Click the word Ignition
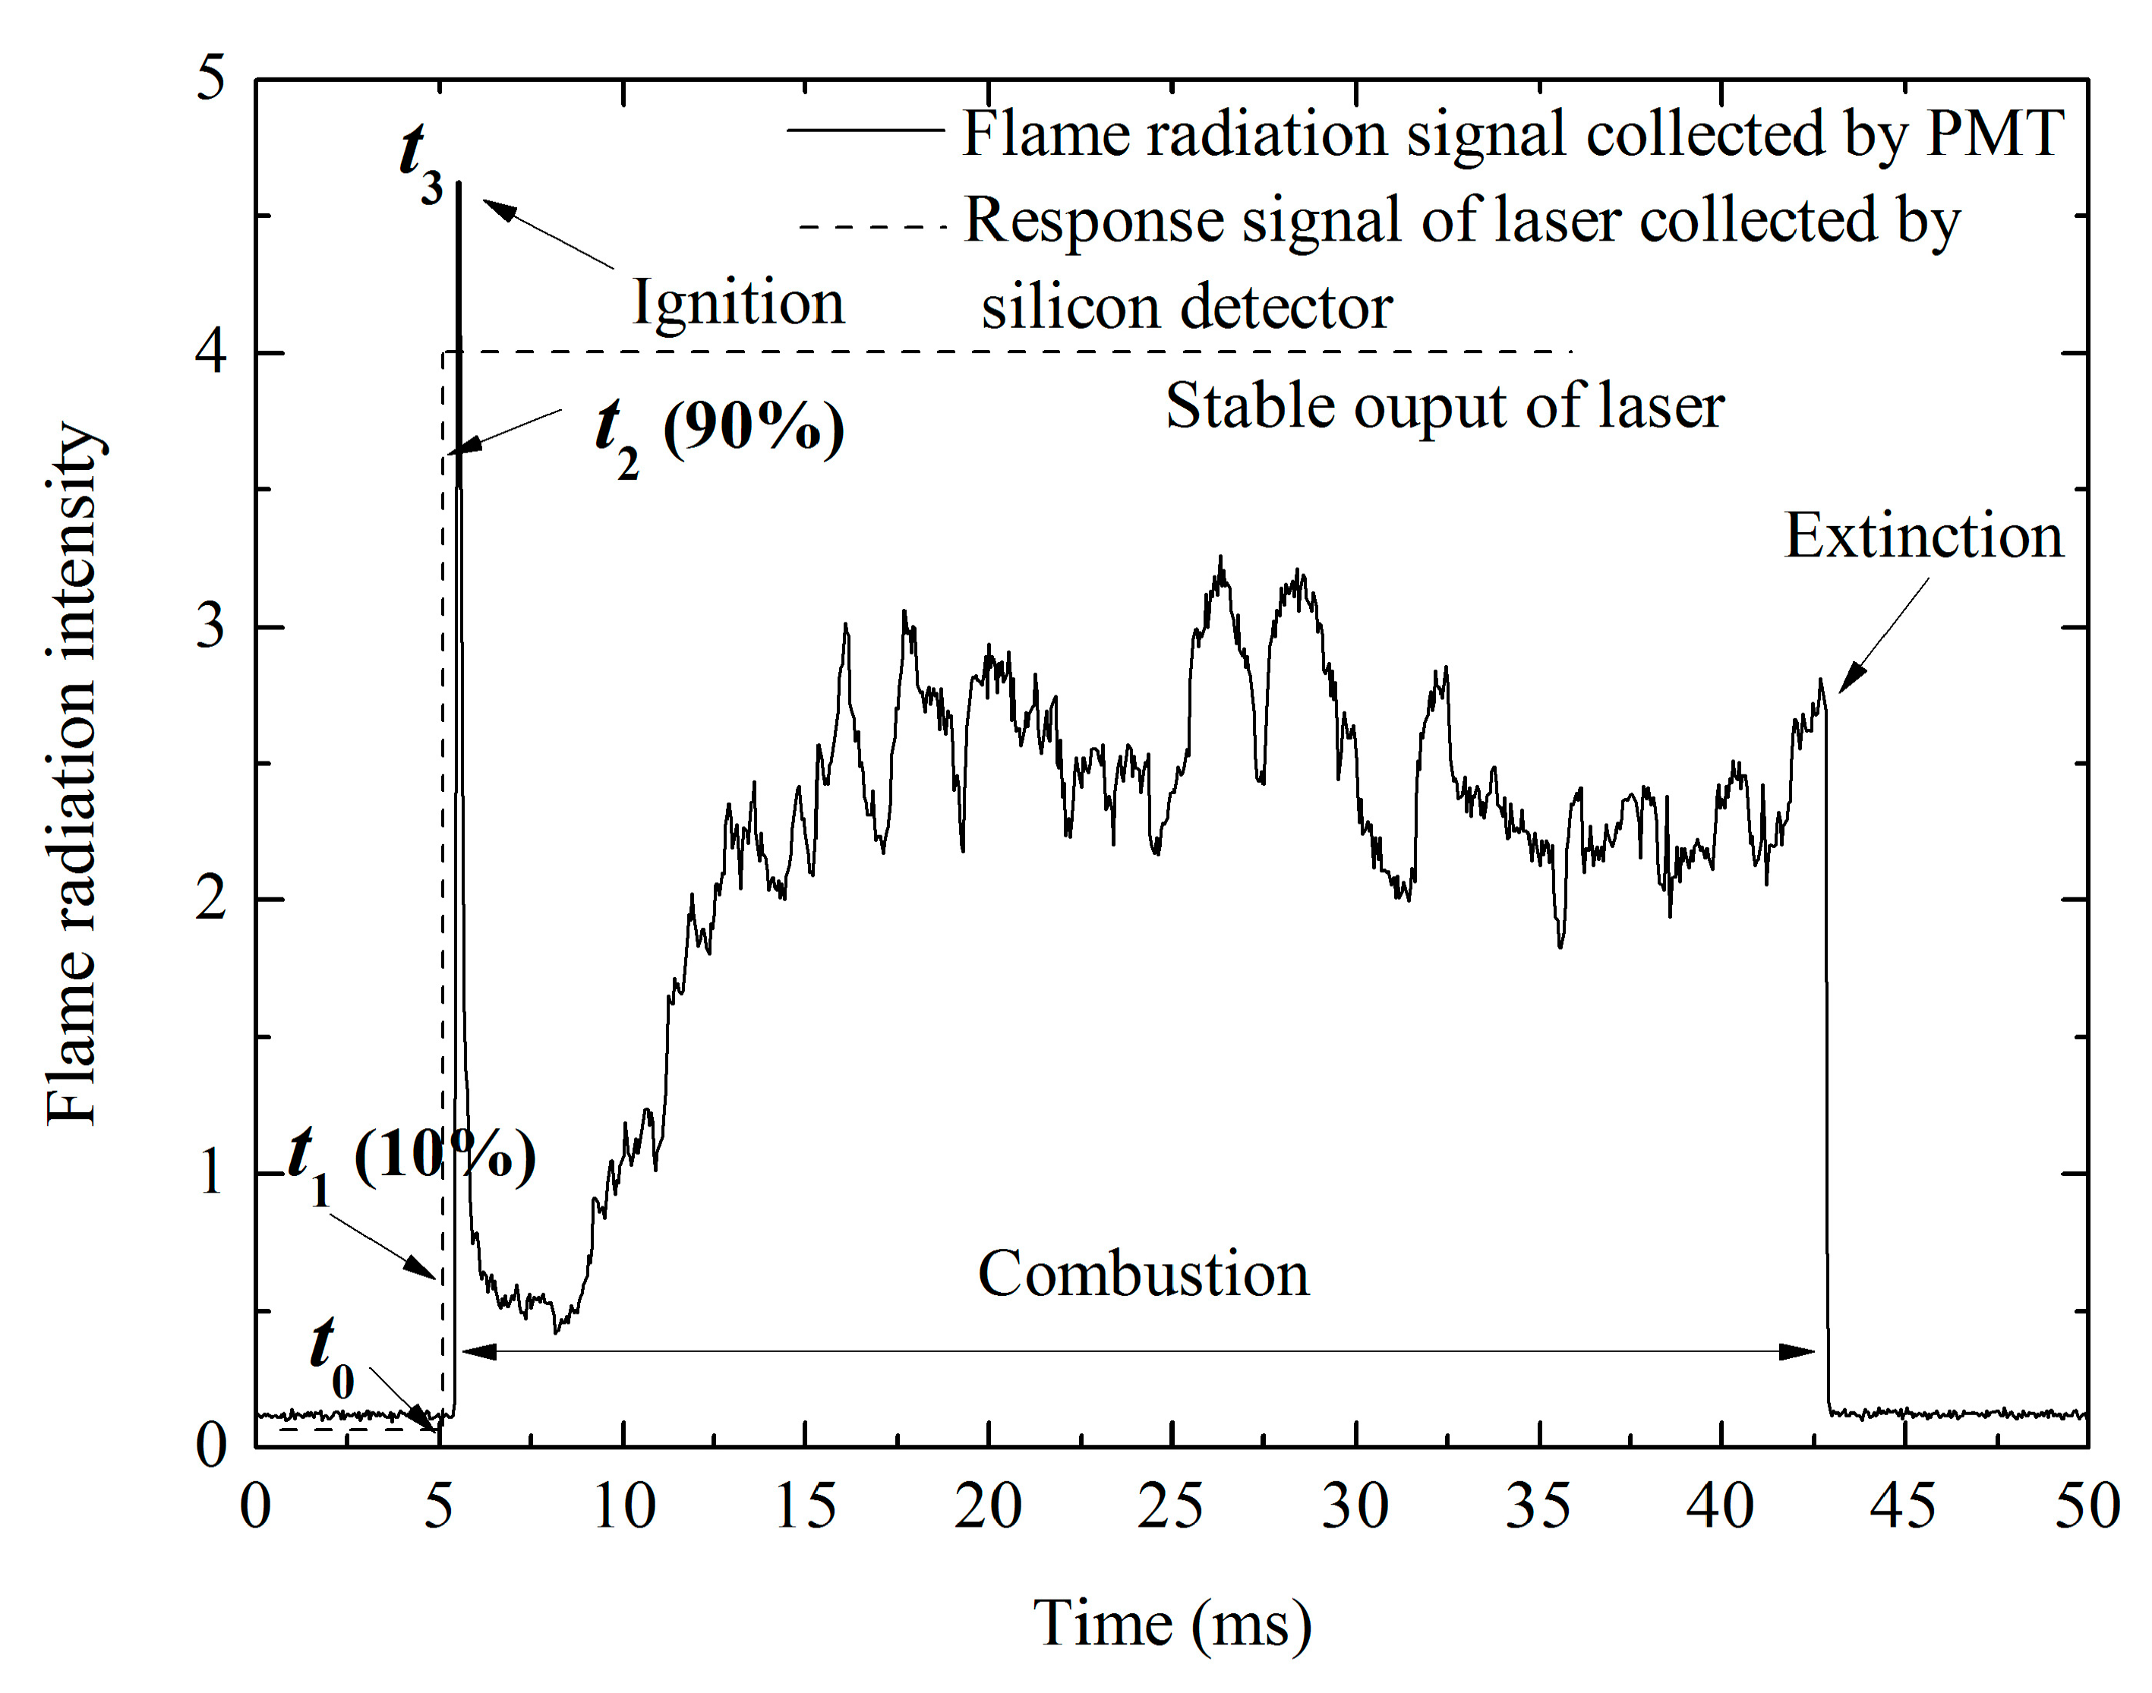[739, 304]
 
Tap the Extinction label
[1923, 538]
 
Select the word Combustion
[1143, 1274]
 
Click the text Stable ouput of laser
[1444, 406]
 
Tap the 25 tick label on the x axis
[1171, 1507]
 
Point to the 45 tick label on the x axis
[1902, 1507]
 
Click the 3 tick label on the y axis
[210, 626]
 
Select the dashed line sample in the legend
[872, 227]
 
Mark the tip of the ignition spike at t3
[458, 184]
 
